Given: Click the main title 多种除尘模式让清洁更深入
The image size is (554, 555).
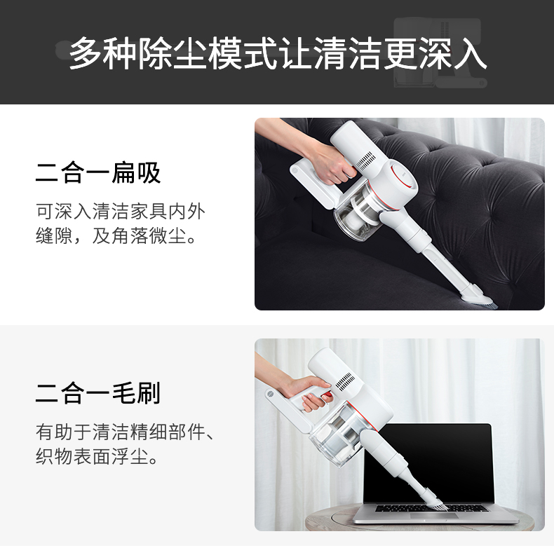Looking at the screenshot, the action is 278,53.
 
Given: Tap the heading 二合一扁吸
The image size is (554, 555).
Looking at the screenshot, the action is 98,173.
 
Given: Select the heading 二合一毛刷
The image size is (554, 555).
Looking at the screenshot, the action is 98,393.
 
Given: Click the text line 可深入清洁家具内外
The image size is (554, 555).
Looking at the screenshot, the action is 121,212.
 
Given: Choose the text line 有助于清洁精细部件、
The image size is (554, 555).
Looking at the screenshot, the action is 126,432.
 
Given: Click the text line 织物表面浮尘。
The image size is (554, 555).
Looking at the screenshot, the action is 97,456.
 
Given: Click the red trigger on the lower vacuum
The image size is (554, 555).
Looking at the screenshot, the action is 328,395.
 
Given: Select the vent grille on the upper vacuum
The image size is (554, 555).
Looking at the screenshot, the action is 365,160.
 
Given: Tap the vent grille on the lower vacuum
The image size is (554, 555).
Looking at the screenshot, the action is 344,381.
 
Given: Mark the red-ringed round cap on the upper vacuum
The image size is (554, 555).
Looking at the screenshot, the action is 403,174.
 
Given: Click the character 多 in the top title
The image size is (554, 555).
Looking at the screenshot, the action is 84,53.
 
